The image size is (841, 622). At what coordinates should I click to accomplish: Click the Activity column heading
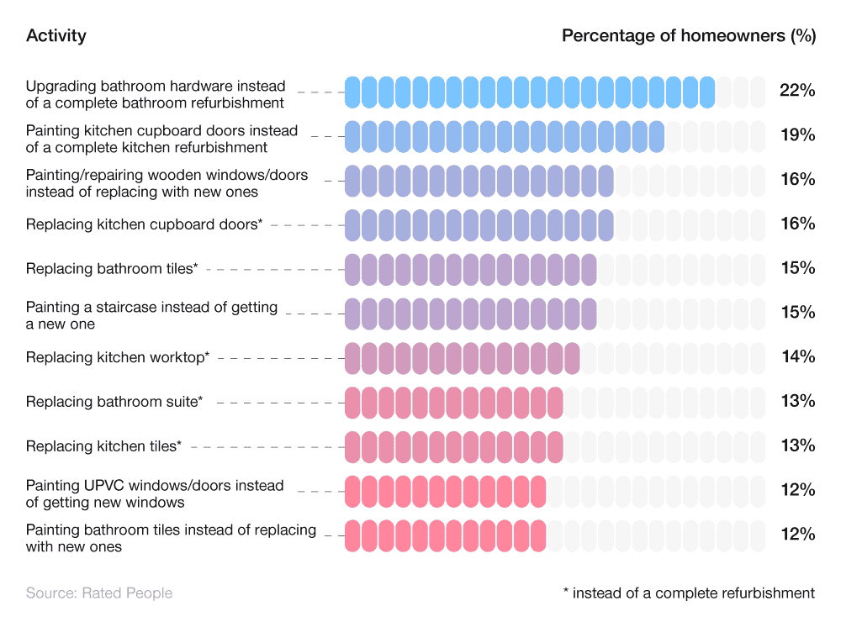point(56,35)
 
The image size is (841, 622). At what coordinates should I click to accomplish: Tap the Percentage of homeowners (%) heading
point(688,35)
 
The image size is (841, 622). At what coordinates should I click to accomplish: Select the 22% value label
point(797,91)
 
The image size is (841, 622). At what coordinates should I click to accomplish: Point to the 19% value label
point(797,135)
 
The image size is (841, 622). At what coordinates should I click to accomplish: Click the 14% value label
point(797,357)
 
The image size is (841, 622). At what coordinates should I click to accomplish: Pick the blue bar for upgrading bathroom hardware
point(530,92)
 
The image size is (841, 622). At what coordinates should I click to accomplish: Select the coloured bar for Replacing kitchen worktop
point(462,358)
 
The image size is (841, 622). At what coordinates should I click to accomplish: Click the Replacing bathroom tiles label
point(112,269)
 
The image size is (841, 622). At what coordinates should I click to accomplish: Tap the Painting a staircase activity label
point(151,315)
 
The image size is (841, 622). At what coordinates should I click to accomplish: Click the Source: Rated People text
point(98,593)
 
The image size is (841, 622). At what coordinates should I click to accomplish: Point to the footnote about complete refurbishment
point(688,593)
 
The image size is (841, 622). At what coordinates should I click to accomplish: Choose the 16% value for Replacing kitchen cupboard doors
point(797,224)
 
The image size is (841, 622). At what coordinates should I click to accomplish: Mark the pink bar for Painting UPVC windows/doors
point(445,491)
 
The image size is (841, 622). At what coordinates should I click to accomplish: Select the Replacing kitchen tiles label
point(103,446)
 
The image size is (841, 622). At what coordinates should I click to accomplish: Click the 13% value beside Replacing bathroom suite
point(797,402)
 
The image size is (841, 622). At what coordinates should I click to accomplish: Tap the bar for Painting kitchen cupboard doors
point(505,136)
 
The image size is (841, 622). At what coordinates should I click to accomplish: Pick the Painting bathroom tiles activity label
point(171,538)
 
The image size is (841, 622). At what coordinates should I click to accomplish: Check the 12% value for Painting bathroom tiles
point(797,535)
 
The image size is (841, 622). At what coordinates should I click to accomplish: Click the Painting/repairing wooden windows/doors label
point(167,183)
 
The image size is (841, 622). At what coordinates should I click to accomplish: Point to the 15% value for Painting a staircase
point(797,313)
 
